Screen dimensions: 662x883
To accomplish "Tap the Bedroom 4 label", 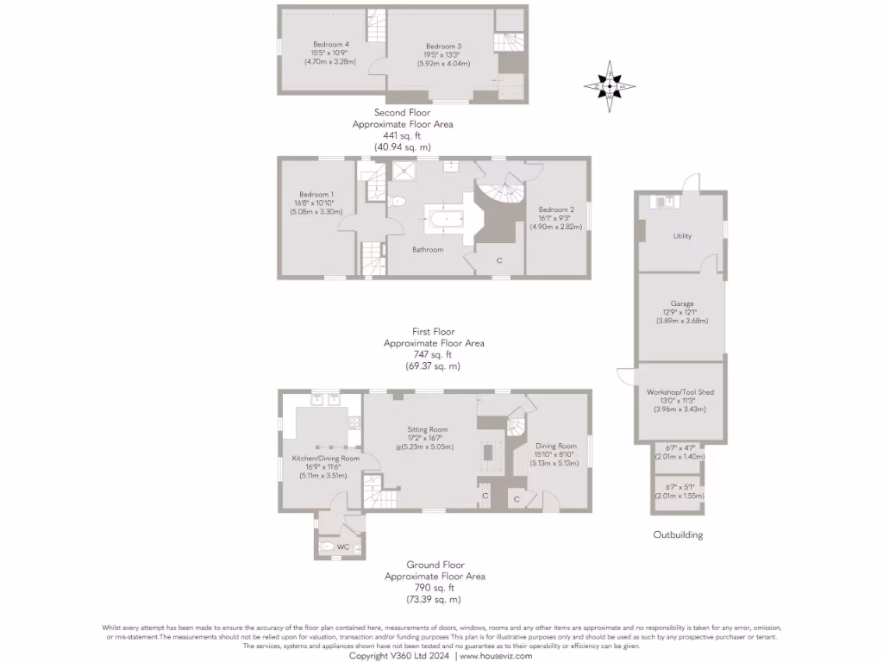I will (330, 44).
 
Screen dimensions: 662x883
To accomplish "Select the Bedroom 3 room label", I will (443, 46).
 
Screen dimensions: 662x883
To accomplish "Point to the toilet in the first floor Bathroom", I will (398, 202).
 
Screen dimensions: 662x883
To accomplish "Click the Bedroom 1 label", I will (316, 194).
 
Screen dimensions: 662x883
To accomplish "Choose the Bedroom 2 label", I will (556, 209).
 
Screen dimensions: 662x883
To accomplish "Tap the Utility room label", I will (682, 236).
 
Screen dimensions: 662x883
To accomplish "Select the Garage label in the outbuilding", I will (682, 303).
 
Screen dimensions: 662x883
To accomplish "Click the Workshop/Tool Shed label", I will (680, 391).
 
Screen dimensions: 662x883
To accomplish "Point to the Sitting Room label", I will (428, 429).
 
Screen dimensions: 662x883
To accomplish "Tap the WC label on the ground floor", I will (342, 547).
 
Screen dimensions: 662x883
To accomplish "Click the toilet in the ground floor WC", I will (326, 546).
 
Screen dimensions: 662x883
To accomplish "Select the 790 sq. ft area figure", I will (434, 587).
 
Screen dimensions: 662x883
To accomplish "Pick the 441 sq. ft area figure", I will (402, 135).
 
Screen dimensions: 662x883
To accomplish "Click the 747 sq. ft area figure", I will (433, 354).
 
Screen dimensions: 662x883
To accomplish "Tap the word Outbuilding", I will (678, 534).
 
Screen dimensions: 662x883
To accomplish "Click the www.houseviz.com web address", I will (496, 655).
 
